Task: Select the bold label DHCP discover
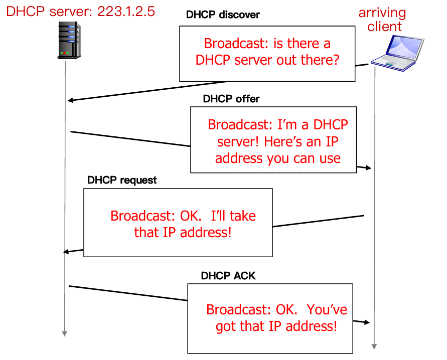pos(223,15)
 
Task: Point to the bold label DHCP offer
pos(231,98)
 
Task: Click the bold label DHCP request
pos(122,180)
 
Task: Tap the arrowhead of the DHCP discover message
pos(71,100)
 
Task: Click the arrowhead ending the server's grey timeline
pos(65,333)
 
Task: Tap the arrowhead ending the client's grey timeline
pos(374,345)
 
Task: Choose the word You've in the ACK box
pos(326,309)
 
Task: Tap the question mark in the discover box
pos(337,61)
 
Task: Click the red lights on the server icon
pos(64,53)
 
